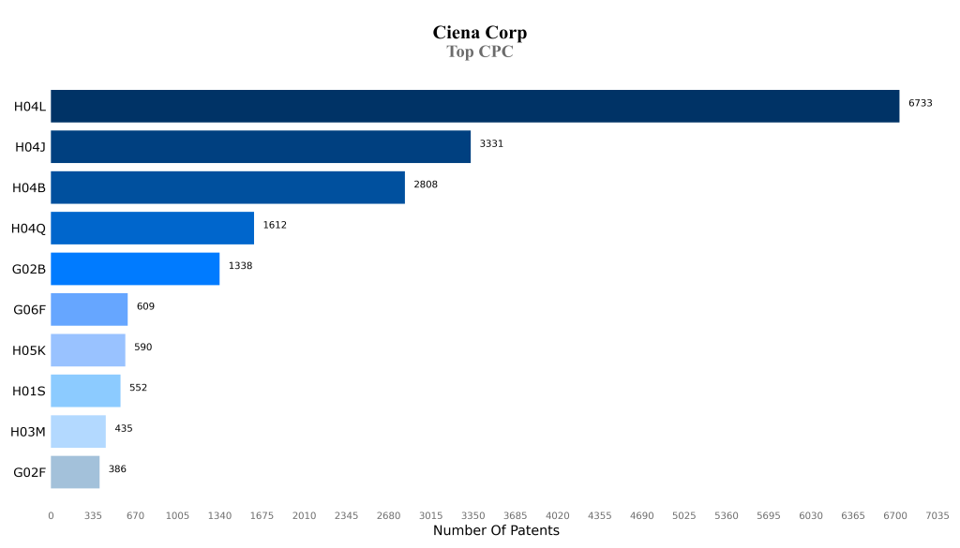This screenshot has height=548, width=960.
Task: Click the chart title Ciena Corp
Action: point(479,33)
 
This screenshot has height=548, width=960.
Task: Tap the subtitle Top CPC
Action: point(479,52)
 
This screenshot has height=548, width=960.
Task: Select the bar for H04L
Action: point(474,106)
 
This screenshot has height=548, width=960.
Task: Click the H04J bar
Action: point(261,146)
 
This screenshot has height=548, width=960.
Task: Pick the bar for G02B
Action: point(135,268)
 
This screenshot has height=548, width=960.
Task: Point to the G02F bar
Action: point(75,471)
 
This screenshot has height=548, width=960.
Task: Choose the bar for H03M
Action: point(78,431)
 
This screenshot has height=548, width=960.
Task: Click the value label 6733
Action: point(920,103)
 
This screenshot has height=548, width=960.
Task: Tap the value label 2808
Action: point(426,185)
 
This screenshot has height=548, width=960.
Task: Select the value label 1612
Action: point(275,225)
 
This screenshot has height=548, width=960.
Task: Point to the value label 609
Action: point(145,306)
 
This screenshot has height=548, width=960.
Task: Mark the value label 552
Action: point(138,388)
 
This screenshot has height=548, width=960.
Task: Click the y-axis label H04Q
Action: point(28,228)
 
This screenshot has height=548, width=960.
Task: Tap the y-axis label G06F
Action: point(29,309)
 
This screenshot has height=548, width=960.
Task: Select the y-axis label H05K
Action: point(29,349)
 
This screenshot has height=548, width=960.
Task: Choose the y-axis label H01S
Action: point(29,391)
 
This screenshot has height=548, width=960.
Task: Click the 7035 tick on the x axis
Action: point(937,515)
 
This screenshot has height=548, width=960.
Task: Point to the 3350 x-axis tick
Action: point(472,515)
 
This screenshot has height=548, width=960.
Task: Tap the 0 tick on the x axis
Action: point(51,515)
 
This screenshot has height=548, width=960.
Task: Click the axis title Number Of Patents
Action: point(496,531)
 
